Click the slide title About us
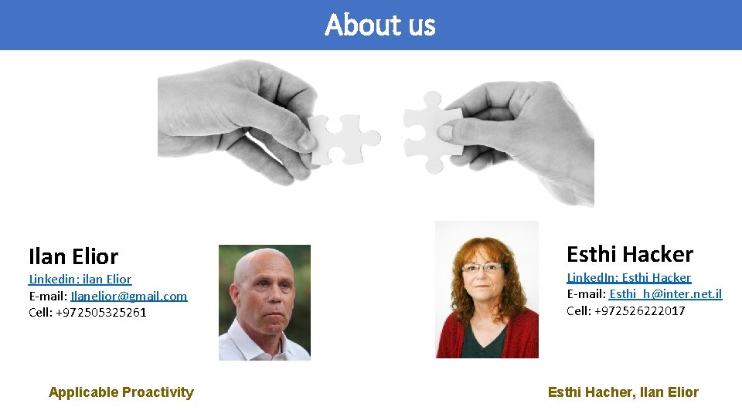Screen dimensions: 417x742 coord(380,25)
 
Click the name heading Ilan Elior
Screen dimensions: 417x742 coord(73,256)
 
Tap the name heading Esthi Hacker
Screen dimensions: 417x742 coord(630,254)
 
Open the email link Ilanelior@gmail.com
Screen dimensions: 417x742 coord(129,296)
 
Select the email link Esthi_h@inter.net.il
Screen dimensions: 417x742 coord(665,294)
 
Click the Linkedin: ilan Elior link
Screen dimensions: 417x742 coord(80,279)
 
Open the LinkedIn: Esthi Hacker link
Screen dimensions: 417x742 coord(629,277)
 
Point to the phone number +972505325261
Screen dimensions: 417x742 coord(100,313)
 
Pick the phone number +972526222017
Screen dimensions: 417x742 coord(639,311)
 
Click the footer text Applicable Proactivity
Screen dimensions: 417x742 coord(121,392)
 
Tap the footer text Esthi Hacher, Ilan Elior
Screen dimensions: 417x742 coord(623,392)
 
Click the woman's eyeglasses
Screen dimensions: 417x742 coord(482,268)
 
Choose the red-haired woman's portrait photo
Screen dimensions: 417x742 coord(486,290)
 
